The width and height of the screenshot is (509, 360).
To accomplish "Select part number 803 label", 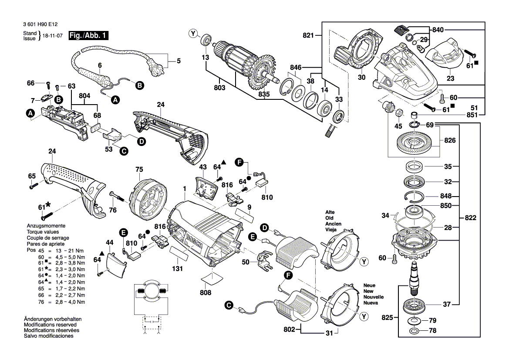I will (219, 88).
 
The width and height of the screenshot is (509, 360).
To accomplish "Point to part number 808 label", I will (205, 293).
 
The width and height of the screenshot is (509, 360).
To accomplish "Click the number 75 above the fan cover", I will (139, 170).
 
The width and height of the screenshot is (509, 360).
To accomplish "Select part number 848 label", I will (446, 196).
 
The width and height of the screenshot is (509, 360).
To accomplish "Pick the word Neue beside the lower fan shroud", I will (369, 285).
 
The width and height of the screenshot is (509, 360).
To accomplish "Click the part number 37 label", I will (446, 304).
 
